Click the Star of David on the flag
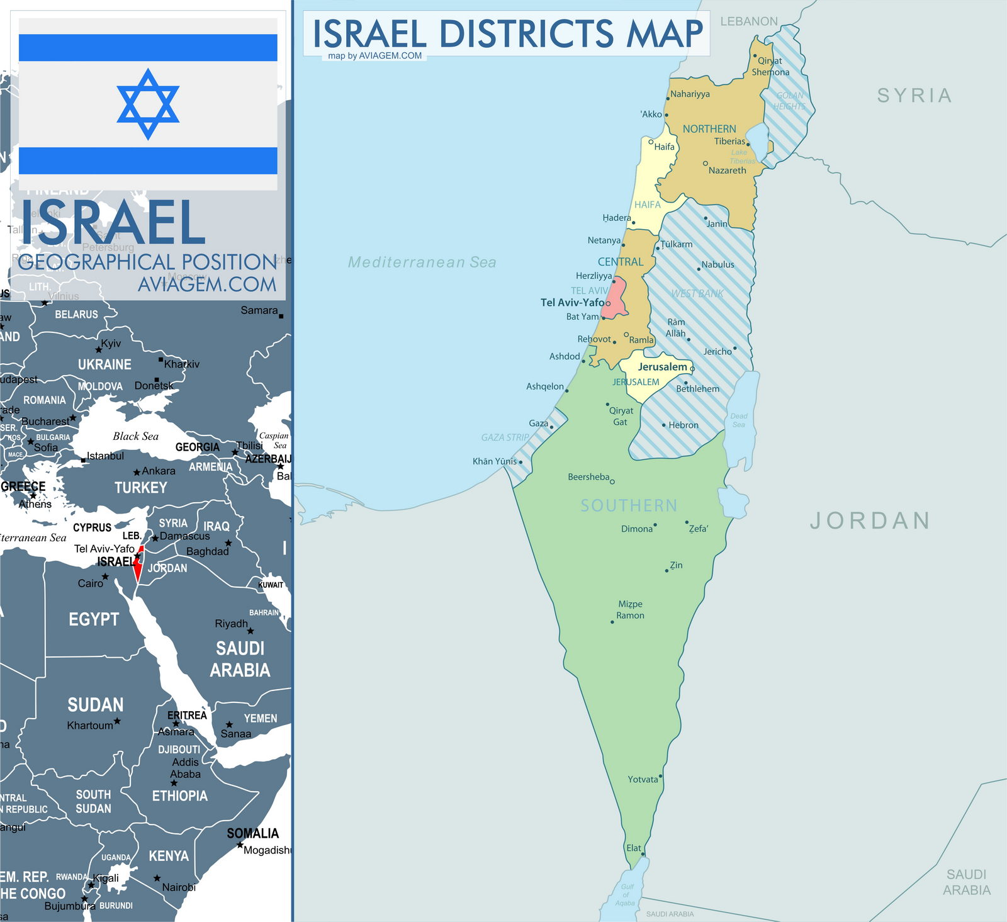148,104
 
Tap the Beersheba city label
588,477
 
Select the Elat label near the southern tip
633,848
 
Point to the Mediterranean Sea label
422,262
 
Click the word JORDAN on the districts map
870,520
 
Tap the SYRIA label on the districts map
914,96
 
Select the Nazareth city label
727,171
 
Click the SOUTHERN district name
629,505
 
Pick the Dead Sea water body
740,419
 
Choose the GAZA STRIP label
505,437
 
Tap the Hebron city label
683,425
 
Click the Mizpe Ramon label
630,609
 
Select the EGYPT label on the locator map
94,619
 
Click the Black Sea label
135,436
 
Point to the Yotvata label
643,779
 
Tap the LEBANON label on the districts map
748,21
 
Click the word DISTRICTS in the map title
526,33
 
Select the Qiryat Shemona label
770,66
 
